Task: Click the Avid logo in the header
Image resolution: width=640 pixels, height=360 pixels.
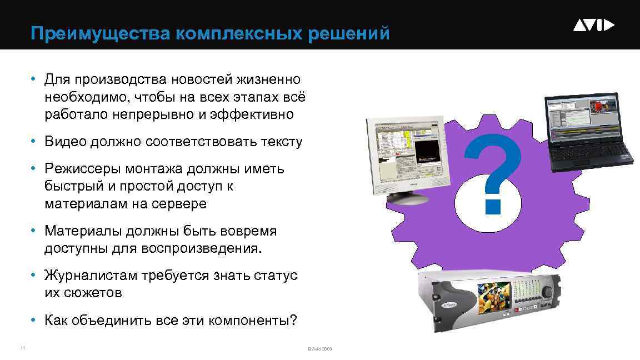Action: (x=593, y=26)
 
